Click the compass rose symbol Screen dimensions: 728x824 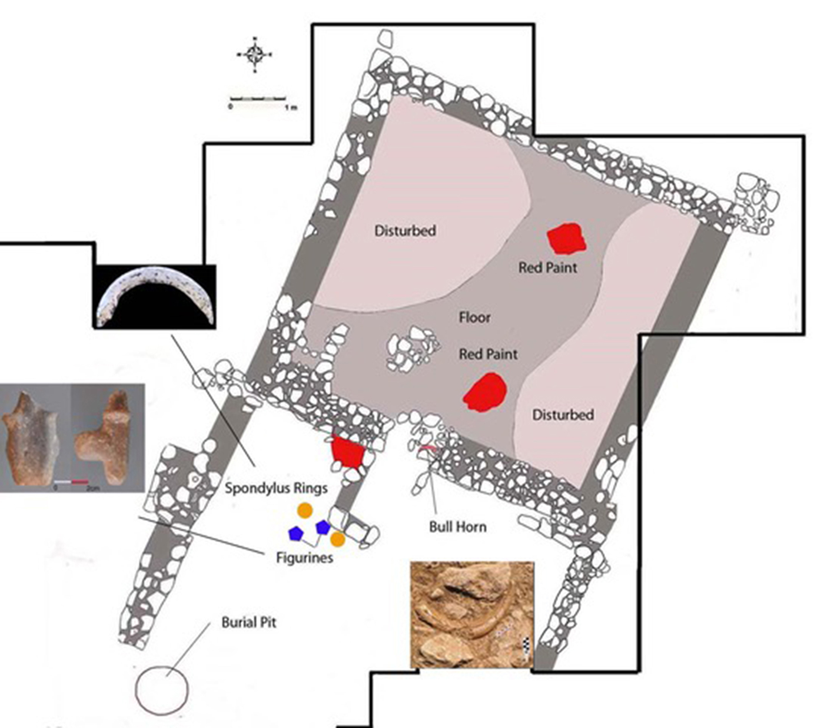coord(255,55)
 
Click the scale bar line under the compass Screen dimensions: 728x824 coord(258,97)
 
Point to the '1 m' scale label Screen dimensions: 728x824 coord(290,108)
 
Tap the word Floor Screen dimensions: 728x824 coord(474,317)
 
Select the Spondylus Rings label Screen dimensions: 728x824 coord(276,488)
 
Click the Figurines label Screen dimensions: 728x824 coord(304,557)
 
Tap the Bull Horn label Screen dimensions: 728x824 coord(457,527)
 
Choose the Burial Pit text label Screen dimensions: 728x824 coord(248,623)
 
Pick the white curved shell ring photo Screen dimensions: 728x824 coord(155,296)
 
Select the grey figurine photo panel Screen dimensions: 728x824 coord(72,438)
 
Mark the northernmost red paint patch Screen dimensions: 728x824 coord(566,239)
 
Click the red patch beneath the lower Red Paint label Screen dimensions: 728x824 coord(486,392)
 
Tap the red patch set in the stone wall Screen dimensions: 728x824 coord(348,452)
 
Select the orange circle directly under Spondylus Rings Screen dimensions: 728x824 coord(305,510)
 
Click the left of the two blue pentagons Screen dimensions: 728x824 coord(295,534)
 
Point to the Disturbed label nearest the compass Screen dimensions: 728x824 coord(405,230)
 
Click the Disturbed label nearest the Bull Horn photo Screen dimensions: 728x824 coord(563,415)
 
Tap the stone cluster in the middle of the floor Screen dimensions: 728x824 coord(412,349)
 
